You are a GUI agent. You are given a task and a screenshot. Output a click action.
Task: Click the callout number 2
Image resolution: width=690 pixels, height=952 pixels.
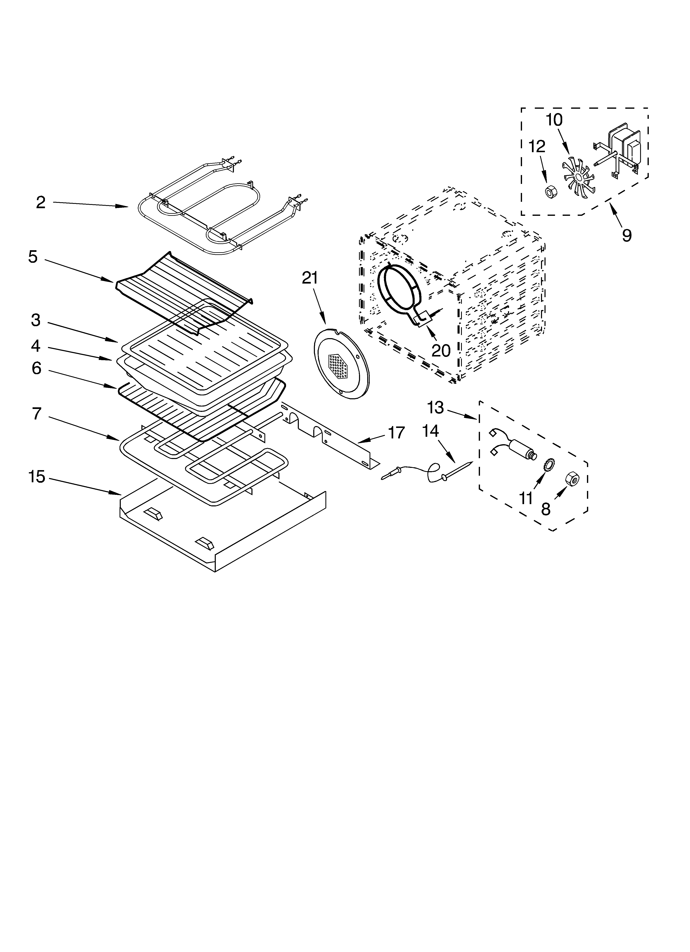pos(40,203)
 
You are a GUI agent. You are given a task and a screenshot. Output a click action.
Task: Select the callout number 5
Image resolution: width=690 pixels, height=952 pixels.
pos(33,257)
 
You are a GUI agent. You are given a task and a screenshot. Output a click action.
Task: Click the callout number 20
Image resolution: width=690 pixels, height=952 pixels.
pos(441,350)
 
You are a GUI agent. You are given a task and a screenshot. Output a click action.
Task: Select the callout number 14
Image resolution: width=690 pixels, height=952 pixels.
pos(430,431)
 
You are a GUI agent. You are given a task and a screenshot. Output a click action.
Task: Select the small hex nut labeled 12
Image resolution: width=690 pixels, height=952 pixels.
pos(549,192)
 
